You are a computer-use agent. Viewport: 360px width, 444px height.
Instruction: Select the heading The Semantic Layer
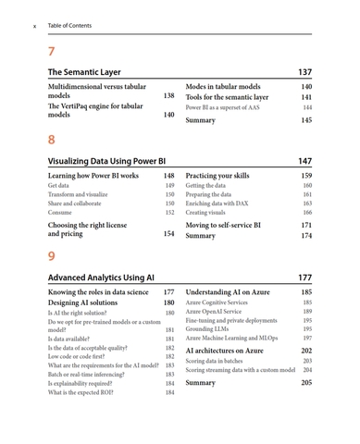82,71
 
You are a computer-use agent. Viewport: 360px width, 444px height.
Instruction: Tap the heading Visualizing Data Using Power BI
106,161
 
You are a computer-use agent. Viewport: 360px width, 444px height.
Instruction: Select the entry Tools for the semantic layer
227,96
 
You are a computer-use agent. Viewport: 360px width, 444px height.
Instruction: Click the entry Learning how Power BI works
93,175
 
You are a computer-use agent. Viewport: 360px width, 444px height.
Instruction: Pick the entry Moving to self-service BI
223,225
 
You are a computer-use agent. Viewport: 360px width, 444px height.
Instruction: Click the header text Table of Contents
69,25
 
